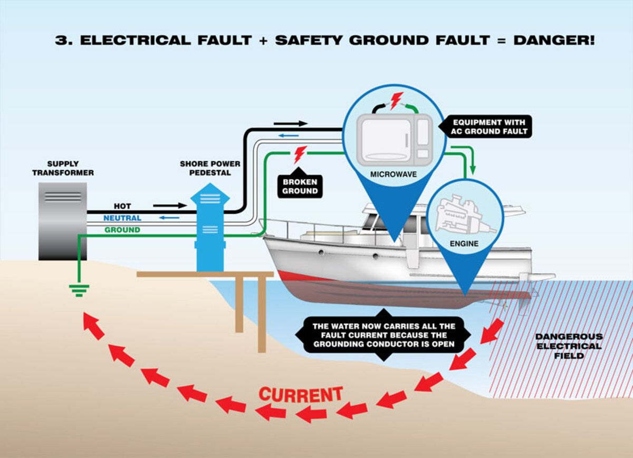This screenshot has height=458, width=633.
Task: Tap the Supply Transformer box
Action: click(x=62, y=221)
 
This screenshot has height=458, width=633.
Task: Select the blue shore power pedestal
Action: click(x=210, y=227)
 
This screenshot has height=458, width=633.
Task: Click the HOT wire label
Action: click(x=122, y=206)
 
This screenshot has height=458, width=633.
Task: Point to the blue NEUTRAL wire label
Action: click(x=122, y=218)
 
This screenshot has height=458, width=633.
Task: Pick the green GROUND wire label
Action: click(x=122, y=230)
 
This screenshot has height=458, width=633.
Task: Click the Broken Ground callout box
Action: click(x=300, y=187)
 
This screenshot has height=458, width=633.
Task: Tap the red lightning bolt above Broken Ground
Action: click(x=300, y=154)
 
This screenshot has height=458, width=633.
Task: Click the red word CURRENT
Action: click(x=301, y=394)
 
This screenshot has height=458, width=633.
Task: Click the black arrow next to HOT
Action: click(x=170, y=206)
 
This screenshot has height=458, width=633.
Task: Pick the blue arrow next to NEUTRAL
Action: click(x=169, y=218)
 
